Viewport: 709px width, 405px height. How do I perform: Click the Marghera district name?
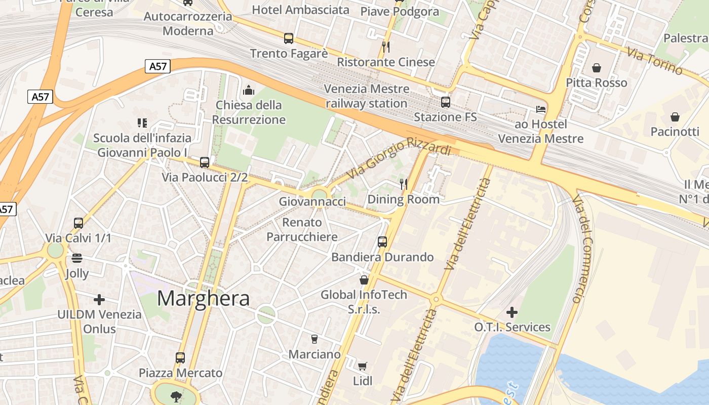pos(203,298)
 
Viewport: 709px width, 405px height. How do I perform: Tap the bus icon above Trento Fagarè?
pos(288,38)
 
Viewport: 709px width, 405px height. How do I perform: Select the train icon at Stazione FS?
pos(445,102)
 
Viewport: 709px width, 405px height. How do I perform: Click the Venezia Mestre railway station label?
pos(367,96)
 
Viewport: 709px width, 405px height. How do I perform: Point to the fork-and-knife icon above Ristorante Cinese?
pos(386,47)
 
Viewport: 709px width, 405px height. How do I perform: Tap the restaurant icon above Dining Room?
pos(403,184)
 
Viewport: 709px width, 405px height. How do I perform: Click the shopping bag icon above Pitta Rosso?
pos(597,68)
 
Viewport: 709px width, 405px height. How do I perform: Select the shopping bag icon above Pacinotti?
pos(675,117)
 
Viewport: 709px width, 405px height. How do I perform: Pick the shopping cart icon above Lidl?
pos(362,366)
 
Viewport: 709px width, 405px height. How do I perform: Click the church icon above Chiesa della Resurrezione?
pos(249,90)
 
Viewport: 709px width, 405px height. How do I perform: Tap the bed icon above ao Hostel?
pos(541,109)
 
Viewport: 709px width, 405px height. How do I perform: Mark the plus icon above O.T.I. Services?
pos(512,312)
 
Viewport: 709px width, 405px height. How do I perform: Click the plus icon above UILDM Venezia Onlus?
pos(99,300)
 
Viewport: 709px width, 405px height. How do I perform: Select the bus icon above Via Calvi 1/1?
pos(78,223)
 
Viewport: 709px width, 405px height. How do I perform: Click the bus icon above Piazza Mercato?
pos(180,358)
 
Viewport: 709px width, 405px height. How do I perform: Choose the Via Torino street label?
pos(654,61)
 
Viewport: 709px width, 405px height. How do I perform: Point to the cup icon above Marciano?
pos(314,339)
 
